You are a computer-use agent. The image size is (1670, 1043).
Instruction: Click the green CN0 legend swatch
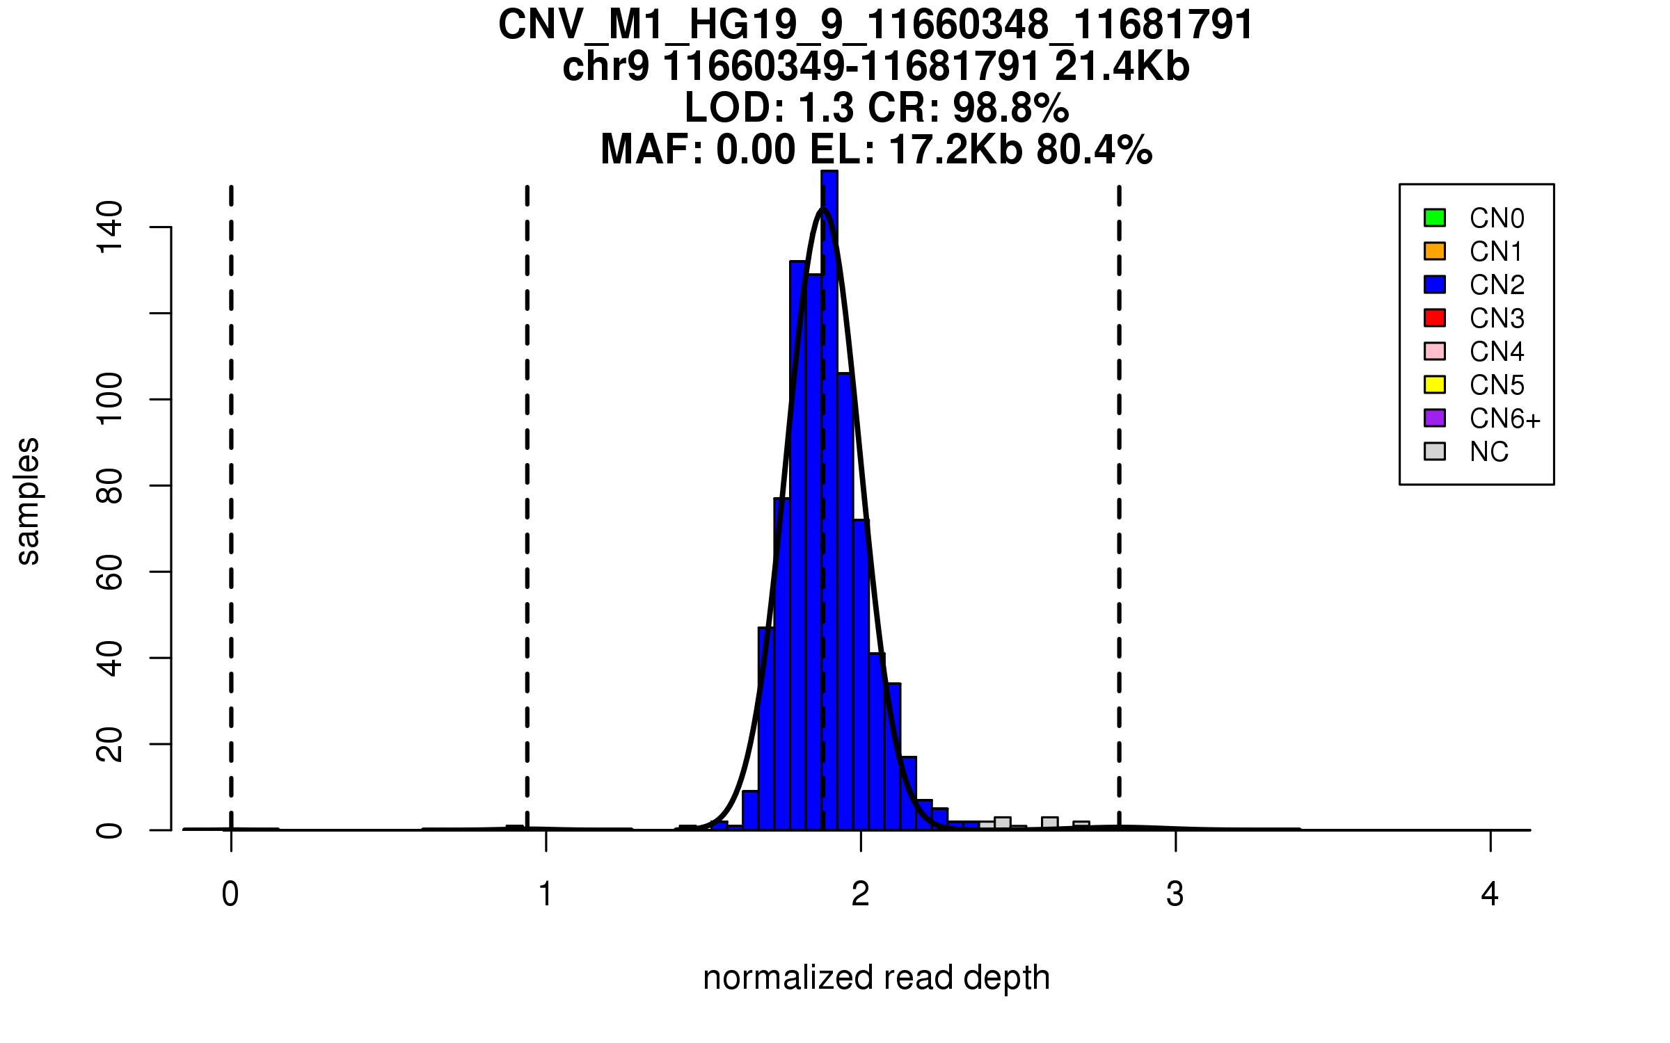[x=1434, y=218]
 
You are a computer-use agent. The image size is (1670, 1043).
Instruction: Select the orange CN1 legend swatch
[x=1434, y=251]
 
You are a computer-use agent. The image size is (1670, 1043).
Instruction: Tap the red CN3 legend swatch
[x=1434, y=318]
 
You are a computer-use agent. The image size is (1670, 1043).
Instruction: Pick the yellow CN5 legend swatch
[x=1434, y=385]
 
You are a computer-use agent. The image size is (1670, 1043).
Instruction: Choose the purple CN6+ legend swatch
[x=1434, y=418]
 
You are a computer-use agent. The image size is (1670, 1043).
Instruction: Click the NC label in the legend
[x=1488, y=452]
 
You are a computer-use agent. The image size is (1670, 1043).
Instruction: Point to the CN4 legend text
[x=1496, y=352]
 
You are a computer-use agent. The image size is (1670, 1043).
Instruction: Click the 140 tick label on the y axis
[x=109, y=227]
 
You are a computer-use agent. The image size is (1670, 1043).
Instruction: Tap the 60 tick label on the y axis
[x=109, y=572]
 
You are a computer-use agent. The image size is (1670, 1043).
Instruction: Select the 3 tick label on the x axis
[x=1175, y=894]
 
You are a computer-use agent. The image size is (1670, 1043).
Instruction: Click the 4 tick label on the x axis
[x=1490, y=894]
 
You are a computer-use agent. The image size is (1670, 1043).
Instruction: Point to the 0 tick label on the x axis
[x=230, y=894]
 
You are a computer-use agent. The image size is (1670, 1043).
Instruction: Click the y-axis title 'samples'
[x=28, y=501]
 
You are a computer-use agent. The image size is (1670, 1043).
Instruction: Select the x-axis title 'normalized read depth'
[x=876, y=978]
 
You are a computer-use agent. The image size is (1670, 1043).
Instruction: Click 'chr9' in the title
[x=605, y=67]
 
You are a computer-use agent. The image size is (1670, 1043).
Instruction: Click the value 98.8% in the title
[x=1010, y=108]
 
